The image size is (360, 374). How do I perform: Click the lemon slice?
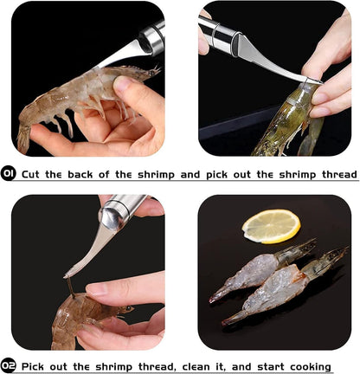pos(271,226)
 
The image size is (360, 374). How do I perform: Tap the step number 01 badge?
pos(10,174)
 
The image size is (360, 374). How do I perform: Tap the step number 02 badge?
pos(10,365)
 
